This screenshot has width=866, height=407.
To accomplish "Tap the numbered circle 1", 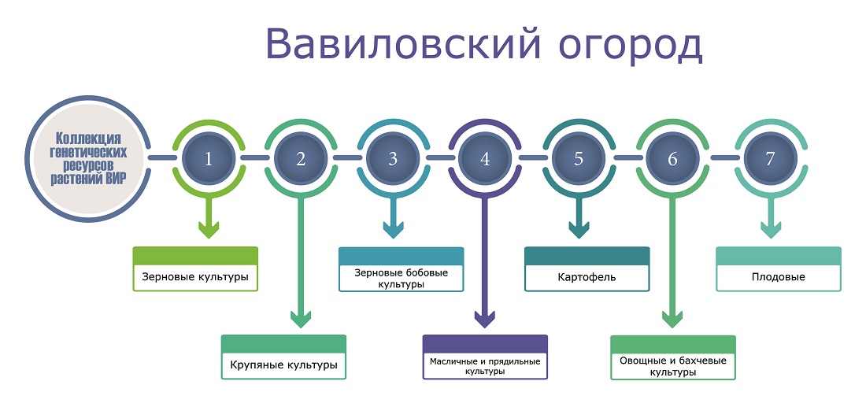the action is [x=209, y=158].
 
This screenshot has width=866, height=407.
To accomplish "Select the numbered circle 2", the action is [x=301, y=158].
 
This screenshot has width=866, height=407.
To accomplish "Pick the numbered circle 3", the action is [x=393, y=158].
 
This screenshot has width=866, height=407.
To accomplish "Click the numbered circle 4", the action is [x=485, y=158].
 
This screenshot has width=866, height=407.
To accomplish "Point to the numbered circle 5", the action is [x=579, y=158].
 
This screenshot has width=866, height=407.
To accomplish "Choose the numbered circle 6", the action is [x=672, y=158].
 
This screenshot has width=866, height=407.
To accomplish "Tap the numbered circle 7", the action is [x=771, y=158].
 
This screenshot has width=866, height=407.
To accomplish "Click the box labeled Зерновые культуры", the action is [x=195, y=269].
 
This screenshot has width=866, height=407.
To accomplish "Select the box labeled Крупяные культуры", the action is [x=283, y=357].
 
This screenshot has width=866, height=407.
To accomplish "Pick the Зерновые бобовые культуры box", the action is [x=401, y=269].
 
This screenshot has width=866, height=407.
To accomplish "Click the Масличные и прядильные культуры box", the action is [x=485, y=357].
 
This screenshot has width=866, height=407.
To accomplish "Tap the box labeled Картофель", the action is [x=587, y=269].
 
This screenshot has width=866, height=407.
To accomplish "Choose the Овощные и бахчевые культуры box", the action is [x=672, y=357].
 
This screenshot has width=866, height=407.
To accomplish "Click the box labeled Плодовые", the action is [x=779, y=269].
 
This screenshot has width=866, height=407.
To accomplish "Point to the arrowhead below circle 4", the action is [x=485, y=319].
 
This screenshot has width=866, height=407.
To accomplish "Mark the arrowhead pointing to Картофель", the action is [x=579, y=230].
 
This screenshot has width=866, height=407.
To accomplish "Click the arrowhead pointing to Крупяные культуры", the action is [x=301, y=319].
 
